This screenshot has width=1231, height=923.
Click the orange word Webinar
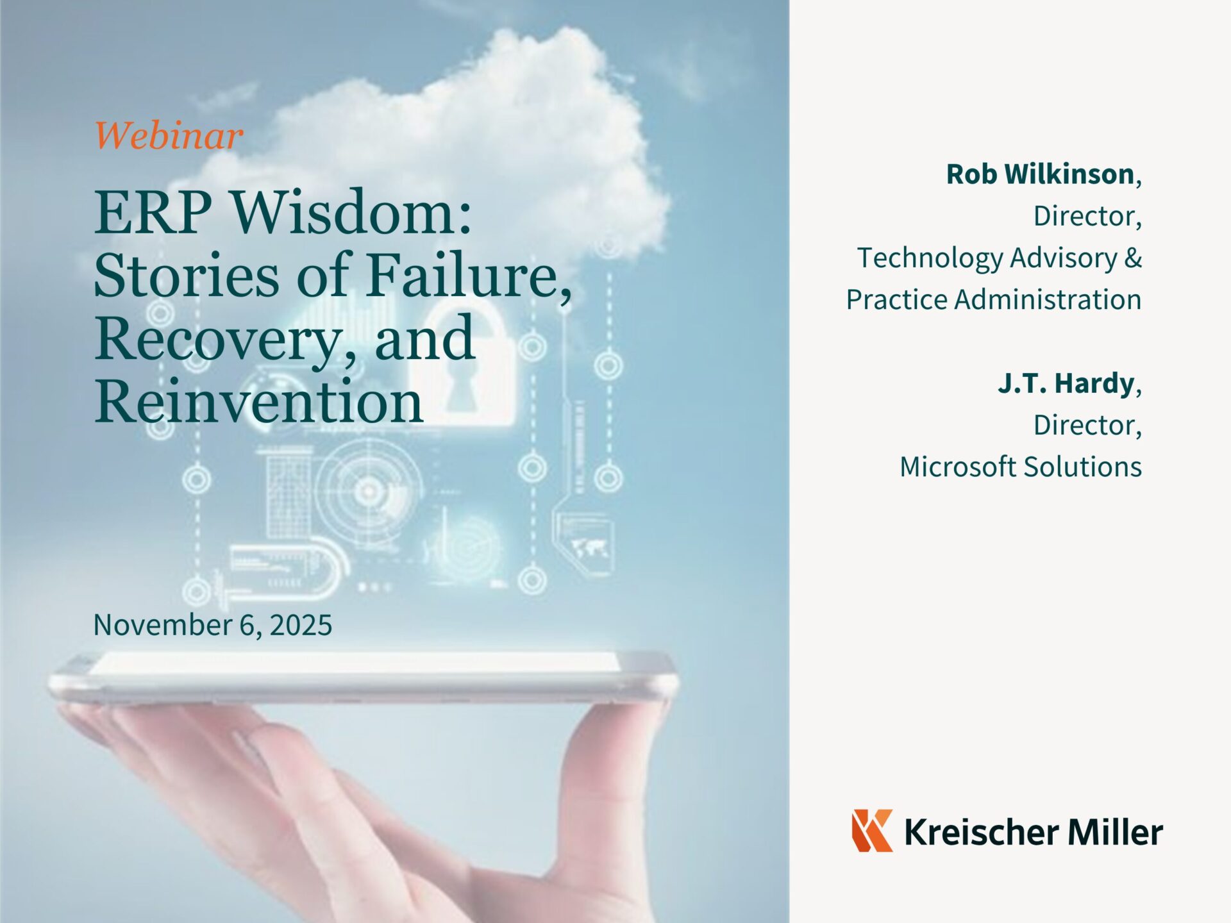[x=169, y=135]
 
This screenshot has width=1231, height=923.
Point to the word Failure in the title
[x=469, y=275]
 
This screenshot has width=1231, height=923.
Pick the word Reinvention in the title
[x=258, y=401]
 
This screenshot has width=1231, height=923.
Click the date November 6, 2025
[x=213, y=624]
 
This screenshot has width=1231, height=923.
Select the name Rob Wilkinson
[x=1040, y=174]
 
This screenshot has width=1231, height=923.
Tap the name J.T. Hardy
[x=1066, y=383]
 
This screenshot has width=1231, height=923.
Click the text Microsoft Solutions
[x=1021, y=466]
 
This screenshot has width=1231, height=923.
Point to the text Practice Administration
[x=994, y=299]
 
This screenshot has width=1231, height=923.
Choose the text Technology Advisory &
[x=1000, y=258]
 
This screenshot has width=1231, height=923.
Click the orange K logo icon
[x=873, y=830]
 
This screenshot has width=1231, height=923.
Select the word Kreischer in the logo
[x=982, y=832]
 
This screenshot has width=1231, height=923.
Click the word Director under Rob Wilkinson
[x=1087, y=216]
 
